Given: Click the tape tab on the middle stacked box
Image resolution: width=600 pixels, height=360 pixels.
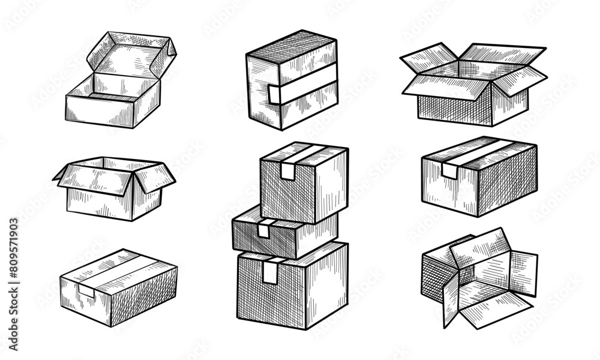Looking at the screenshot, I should (x=263, y=229).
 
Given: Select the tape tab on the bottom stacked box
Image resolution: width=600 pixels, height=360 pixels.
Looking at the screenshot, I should (x=271, y=273).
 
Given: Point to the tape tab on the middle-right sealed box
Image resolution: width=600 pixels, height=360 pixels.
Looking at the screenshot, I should (x=449, y=171).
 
